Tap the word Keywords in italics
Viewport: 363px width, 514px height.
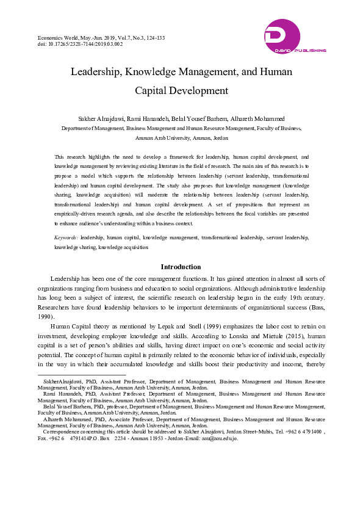(66, 236)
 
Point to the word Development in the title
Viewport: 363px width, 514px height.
(197, 91)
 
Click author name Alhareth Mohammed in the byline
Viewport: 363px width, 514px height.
(242, 118)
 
